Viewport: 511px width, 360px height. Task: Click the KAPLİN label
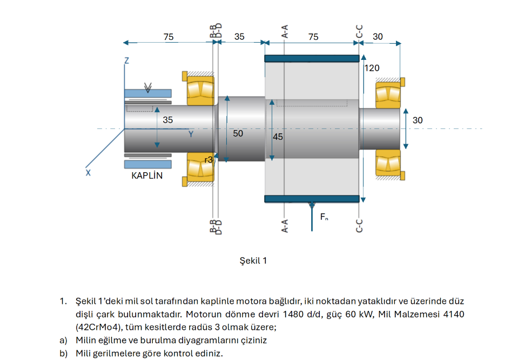coord(147,176)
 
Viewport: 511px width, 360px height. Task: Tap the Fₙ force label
coord(324,217)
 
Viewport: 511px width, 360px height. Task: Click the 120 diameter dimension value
coord(372,68)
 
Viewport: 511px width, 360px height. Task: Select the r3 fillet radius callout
coord(209,160)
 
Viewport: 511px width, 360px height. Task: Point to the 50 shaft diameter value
coord(238,133)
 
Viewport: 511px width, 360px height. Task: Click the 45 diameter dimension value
coord(278,137)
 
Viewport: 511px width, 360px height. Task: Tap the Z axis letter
coord(127,60)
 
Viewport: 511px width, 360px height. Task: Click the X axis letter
coord(88,173)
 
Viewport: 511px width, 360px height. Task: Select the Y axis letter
coord(191,134)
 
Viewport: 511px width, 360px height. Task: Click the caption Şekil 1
coord(253,261)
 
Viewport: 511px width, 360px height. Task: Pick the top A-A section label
coord(285,31)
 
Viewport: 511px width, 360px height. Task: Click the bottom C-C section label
coord(359,226)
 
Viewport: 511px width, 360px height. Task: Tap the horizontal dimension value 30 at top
coord(378,37)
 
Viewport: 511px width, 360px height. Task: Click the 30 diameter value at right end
coord(418,120)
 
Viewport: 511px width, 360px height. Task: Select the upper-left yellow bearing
coord(200,90)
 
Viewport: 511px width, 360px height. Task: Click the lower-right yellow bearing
coord(388,163)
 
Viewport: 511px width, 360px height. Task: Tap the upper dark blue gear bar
coord(312,59)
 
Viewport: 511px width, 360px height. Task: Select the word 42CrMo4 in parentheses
coord(99,327)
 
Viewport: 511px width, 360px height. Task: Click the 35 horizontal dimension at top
coord(239,37)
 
